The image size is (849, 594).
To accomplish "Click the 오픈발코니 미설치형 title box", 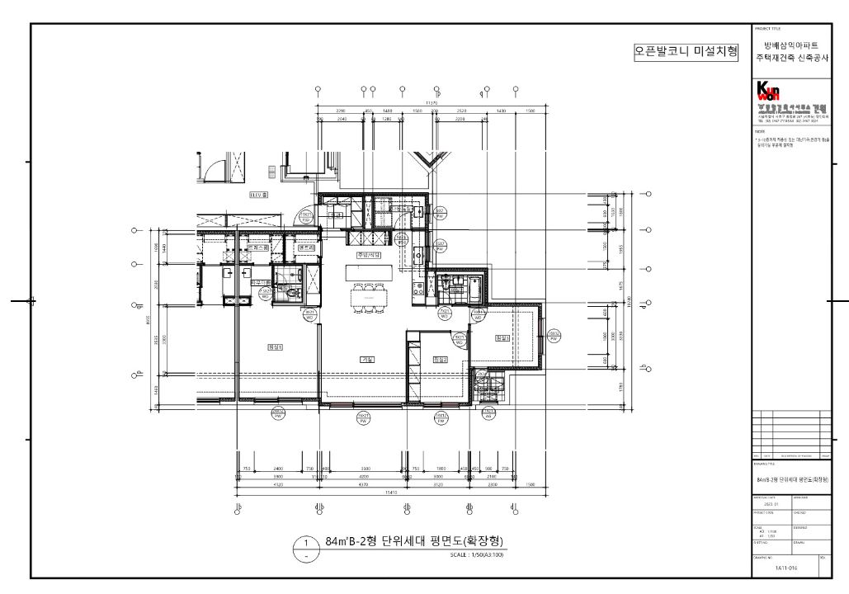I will point(685,52).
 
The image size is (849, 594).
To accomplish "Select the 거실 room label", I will point(367,359).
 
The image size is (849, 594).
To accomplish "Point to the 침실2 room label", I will point(439,359).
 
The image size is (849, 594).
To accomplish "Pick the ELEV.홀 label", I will point(260,196).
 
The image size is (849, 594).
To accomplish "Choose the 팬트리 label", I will point(306,247).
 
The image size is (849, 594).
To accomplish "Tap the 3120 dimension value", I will point(438,484).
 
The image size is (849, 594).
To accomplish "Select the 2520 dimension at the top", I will point(461,111).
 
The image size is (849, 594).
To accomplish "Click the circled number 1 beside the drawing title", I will point(306,544).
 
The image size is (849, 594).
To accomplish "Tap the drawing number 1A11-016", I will point(786,568).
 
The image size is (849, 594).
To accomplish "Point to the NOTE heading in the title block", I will point(760,130).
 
